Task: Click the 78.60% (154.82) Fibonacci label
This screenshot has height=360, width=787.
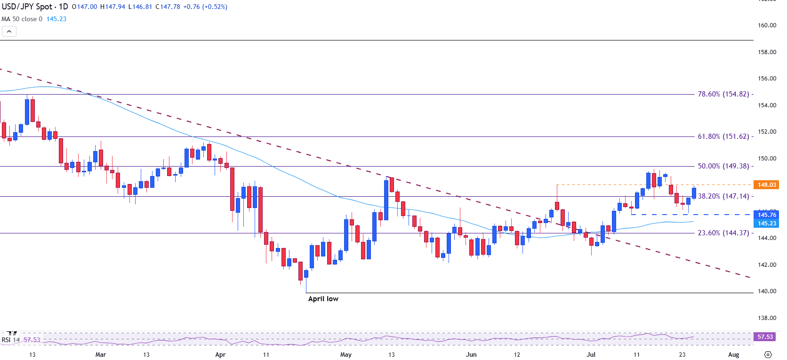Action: (x=723, y=94)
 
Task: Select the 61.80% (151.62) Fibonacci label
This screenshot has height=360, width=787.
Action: (x=723, y=136)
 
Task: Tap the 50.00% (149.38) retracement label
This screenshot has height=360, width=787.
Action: (x=723, y=166)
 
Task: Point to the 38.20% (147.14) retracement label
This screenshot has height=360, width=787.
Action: (x=723, y=196)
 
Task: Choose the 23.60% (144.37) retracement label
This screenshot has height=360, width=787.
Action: (x=723, y=233)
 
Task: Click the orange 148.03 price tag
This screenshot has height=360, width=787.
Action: (x=767, y=185)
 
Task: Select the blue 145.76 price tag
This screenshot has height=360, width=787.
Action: (x=767, y=215)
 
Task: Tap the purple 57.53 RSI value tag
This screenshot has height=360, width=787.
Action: (x=765, y=337)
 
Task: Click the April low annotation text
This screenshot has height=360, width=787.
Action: (x=323, y=299)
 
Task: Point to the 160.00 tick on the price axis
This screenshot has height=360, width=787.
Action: (x=767, y=25)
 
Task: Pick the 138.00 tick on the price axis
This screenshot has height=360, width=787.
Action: (x=767, y=318)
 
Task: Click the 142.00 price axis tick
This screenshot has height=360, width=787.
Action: (x=767, y=265)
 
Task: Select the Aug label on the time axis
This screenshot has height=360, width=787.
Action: (x=733, y=355)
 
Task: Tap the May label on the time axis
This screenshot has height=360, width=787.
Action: (x=346, y=355)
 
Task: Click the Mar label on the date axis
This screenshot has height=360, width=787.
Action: (x=101, y=355)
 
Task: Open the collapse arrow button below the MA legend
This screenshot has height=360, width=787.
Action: (x=9, y=32)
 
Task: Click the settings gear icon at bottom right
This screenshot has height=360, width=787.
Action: (x=768, y=355)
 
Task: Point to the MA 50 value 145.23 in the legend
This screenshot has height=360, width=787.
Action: (x=56, y=19)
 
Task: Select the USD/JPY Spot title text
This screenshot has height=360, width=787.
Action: (x=27, y=7)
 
